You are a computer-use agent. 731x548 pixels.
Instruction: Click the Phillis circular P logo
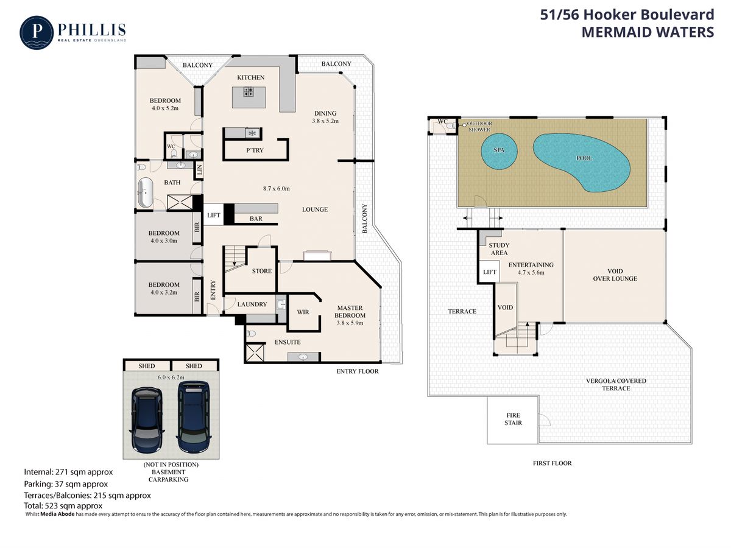(37, 33)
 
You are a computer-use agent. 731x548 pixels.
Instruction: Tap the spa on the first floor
(499, 151)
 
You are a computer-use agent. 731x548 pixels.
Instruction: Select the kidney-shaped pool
(581, 163)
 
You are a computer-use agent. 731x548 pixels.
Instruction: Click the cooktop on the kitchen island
(249, 92)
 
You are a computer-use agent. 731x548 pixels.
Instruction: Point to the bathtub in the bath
(146, 192)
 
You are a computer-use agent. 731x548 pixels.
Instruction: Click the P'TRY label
(255, 150)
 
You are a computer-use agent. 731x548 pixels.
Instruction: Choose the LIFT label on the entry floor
(213, 216)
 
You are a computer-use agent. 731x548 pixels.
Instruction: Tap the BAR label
(256, 219)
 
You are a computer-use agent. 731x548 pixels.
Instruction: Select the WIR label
(303, 312)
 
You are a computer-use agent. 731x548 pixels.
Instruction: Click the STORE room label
(262, 271)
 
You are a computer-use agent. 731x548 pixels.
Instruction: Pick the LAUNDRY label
(252, 304)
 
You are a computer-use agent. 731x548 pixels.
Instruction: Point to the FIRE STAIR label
(513, 419)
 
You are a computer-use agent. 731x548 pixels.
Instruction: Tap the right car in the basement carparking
(194, 417)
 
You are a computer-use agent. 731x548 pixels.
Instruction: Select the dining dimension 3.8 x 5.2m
(325, 121)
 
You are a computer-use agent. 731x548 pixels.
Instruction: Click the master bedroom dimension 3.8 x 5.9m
(350, 323)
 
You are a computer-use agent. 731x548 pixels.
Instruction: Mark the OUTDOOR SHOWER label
(479, 127)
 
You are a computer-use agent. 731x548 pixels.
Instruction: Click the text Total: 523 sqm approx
(63, 506)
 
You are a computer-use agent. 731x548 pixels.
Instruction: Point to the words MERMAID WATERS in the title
(648, 32)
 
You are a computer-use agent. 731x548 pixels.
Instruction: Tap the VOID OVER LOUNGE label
(615, 275)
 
